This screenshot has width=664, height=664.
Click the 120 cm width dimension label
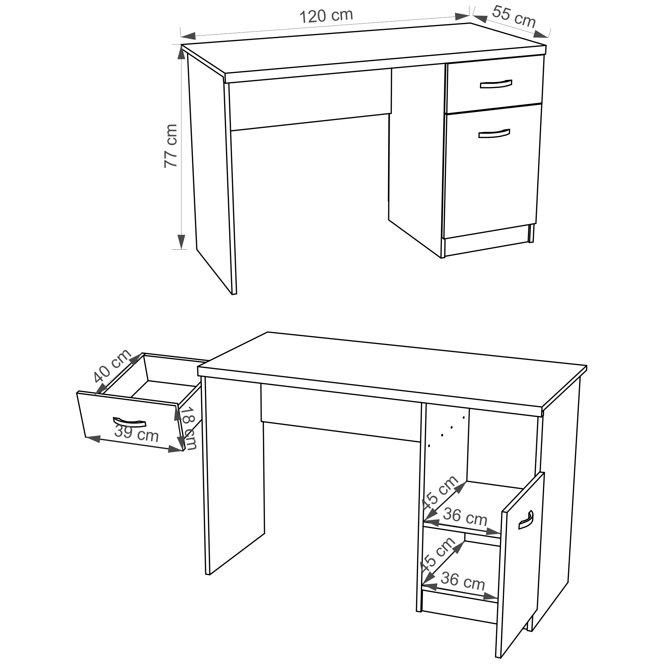326,16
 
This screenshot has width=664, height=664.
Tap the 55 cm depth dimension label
514,17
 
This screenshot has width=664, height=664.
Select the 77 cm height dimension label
170,146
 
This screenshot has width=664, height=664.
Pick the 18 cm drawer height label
188,428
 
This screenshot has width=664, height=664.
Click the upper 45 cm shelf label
440,494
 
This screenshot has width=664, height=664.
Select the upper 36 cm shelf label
465,517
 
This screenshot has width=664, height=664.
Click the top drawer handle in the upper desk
496,84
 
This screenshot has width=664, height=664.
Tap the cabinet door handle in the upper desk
494,134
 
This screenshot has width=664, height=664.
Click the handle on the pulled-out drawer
129,422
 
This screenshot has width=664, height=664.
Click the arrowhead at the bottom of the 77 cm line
182,242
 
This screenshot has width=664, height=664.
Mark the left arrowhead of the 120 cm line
188,36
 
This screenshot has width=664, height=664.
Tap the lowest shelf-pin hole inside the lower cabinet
429,446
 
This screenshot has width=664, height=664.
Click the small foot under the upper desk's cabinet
531,233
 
